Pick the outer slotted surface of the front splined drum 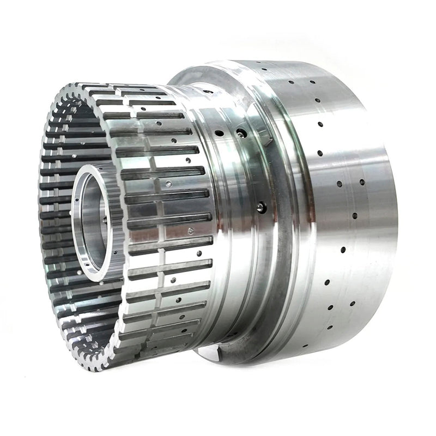click(163, 218)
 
